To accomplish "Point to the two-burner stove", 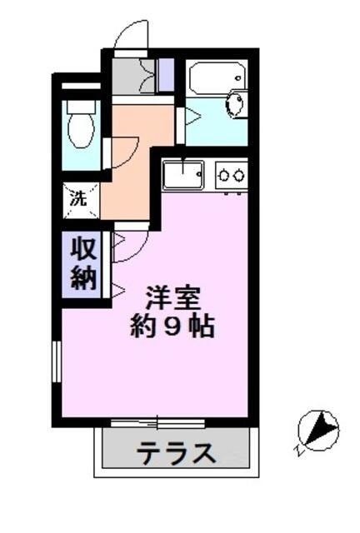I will tap(231, 175).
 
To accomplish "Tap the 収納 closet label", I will tap(82, 264).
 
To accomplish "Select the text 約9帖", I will tap(172, 326).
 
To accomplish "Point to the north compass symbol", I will tap(318, 431).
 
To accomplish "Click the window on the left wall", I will tap(57, 364).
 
